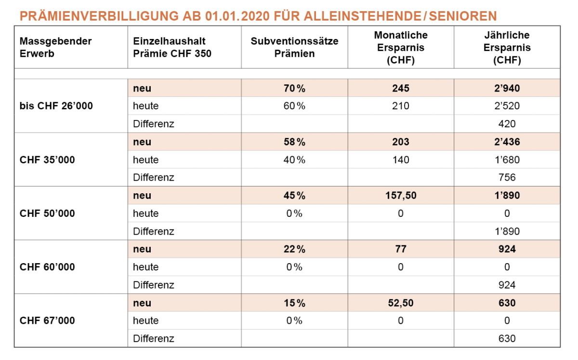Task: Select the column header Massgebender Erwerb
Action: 55,47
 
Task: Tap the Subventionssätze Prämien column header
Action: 294,47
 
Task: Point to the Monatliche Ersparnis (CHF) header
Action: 401,47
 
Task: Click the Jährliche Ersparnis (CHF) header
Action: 507,47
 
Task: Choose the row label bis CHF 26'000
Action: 56,106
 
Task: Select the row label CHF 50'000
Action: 47,213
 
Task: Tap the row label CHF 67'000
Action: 47,320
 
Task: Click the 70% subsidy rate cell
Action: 294,88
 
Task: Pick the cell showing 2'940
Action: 507,88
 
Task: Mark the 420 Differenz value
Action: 507,124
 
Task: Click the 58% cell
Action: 294,142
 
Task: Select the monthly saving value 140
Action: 401,160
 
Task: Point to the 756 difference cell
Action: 507,177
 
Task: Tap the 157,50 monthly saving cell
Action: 401,195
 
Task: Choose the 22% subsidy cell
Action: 294,249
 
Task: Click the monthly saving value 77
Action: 401,249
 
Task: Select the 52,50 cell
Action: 401,303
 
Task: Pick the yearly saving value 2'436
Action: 507,142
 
